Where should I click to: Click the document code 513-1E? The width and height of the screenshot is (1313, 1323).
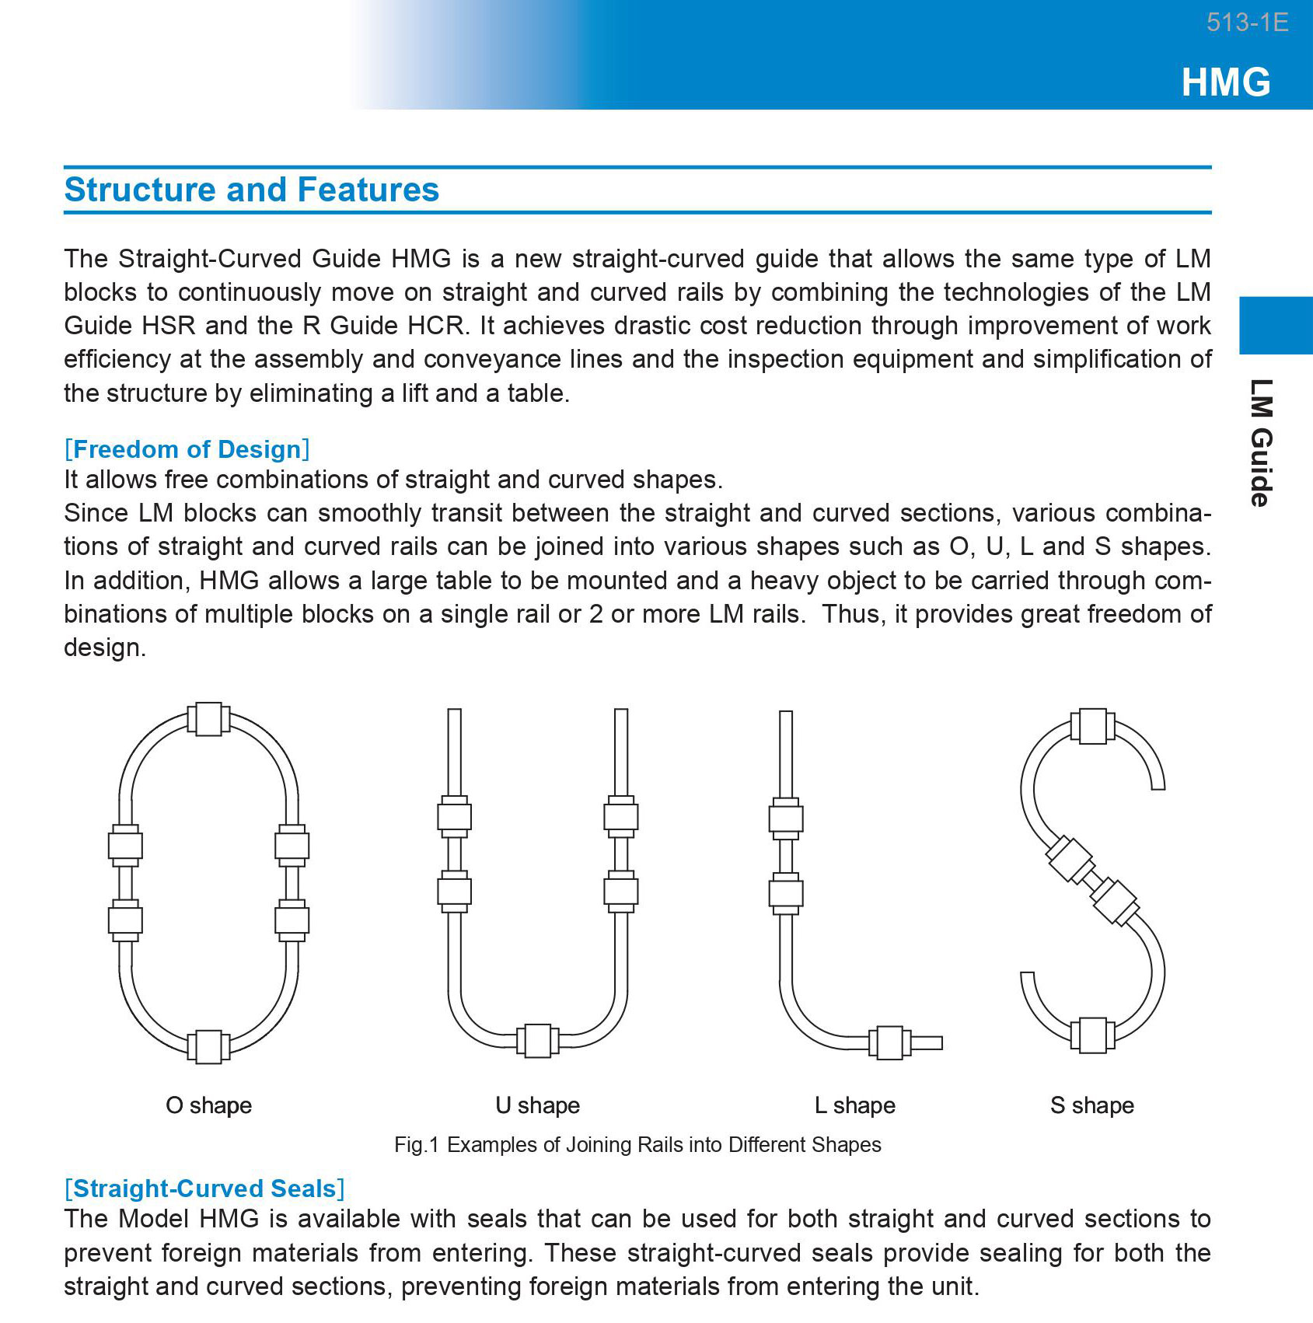tap(1246, 23)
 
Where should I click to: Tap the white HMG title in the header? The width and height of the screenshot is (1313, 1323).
tap(1226, 82)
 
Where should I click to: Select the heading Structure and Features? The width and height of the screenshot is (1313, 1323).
tap(252, 190)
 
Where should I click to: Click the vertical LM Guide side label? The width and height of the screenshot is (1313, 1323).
tap(1261, 442)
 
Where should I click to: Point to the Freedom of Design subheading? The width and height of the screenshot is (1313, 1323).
tap(187, 449)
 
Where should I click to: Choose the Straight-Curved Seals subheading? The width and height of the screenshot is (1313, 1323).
tap(204, 1189)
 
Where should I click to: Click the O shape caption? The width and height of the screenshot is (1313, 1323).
tap(208, 1105)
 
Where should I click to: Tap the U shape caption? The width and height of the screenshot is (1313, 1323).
tap(537, 1105)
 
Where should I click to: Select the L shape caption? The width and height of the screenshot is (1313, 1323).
tap(854, 1105)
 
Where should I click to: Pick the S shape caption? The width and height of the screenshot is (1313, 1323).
tap(1091, 1105)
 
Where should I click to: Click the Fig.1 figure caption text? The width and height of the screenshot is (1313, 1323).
tap(637, 1145)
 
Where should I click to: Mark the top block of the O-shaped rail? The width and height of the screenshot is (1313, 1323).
tap(208, 719)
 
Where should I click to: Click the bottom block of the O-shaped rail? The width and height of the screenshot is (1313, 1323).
tap(208, 1046)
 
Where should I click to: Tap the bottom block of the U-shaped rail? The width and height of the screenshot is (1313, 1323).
tap(537, 1041)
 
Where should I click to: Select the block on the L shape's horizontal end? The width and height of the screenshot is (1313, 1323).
tap(889, 1042)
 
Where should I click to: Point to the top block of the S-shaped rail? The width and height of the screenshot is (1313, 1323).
tap(1092, 726)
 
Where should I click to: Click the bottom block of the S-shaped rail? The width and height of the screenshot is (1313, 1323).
tap(1092, 1035)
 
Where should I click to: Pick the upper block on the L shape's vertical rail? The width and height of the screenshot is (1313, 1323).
tap(786, 819)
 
